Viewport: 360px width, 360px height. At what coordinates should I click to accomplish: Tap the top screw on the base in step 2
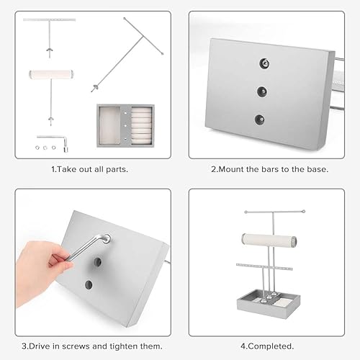click(x=264, y=63)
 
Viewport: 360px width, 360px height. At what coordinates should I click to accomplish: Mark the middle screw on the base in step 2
click(x=262, y=91)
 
